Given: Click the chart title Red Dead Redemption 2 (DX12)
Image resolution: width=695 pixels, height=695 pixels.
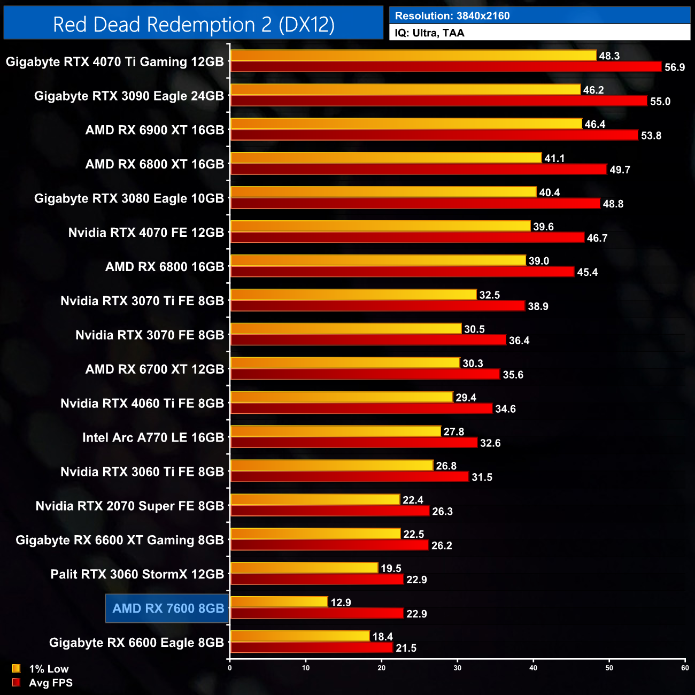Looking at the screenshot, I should point(194,25).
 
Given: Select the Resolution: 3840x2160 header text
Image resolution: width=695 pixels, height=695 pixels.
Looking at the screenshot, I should point(452,16).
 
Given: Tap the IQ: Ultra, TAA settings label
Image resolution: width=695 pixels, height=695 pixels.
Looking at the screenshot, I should point(429,33).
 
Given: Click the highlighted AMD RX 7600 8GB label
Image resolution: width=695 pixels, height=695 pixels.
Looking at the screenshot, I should point(168,608).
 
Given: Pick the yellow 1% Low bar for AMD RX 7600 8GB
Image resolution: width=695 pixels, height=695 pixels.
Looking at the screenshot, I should point(279,602).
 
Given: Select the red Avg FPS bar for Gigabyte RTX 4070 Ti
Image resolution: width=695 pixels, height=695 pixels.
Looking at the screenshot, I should point(446,67).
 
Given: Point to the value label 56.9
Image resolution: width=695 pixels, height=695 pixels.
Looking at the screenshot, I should point(674,67).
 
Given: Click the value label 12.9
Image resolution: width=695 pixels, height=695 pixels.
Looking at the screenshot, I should point(341,603).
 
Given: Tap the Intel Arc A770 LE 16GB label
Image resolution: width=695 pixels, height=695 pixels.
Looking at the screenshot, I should point(153,438).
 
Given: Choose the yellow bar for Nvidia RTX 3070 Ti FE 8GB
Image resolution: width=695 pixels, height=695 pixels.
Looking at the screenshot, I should point(353,295).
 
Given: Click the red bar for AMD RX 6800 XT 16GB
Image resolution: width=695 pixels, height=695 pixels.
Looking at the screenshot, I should point(419,169).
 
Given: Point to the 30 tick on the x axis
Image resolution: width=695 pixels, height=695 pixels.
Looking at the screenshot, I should point(458,668).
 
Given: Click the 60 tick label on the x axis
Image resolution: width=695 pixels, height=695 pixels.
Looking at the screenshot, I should point(685,668).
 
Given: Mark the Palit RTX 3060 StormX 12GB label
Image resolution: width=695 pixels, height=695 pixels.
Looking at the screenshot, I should point(137,574).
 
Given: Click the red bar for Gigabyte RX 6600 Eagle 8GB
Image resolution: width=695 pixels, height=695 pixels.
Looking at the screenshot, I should point(312,648).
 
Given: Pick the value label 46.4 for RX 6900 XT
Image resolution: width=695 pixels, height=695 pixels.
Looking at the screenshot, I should point(594,125).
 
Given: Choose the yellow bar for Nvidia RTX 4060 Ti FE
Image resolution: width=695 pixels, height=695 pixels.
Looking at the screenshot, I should point(342,397).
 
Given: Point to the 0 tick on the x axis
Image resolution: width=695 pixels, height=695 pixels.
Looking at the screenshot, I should point(230,668).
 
